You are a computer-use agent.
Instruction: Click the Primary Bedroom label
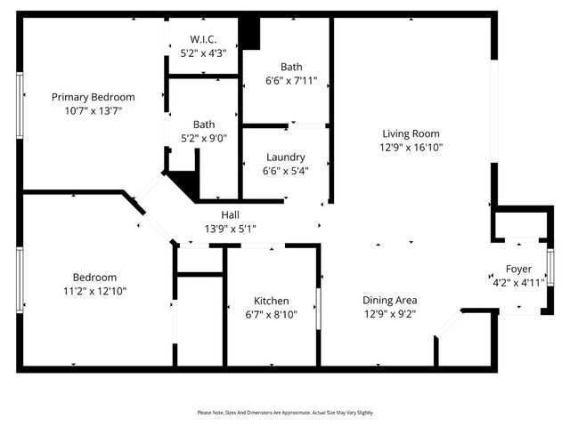pos(93,97)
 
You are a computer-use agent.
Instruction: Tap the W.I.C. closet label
pos(203,39)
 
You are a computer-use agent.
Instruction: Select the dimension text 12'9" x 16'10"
pos(412,148)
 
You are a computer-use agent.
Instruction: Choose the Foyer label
pos(518,269)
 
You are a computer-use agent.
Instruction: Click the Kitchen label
pos(271,301)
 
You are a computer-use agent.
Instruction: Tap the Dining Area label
pos(389,300)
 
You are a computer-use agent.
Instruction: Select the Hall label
pos(231,213)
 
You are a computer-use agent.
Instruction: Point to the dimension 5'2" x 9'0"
pos(205,138)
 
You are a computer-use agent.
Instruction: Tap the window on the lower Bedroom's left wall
pos(20,279)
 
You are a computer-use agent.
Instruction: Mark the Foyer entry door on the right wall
pos(550,268)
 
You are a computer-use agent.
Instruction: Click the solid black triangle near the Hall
pos(184,184)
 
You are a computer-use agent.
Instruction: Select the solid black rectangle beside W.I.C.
pos(250,33)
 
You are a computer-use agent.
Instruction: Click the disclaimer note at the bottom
pos(285,413)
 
